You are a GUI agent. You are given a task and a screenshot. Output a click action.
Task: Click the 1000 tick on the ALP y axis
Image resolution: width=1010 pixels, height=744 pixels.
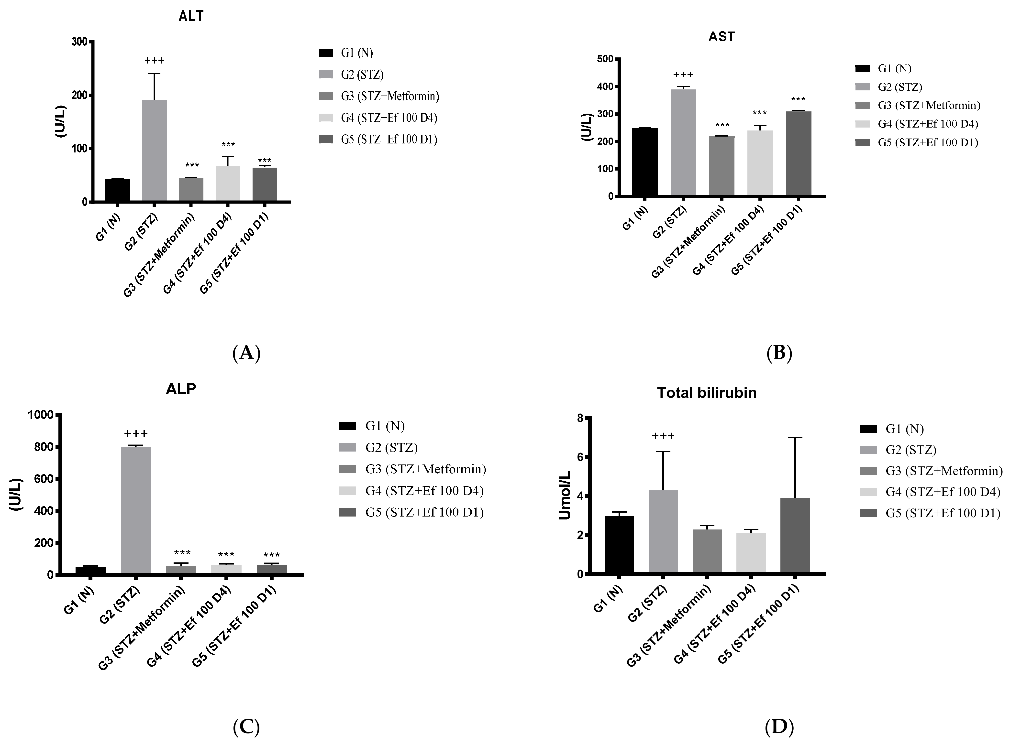tap(41, 415)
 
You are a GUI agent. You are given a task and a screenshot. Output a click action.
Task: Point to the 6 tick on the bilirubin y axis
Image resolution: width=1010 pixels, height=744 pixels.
tap(580, 457)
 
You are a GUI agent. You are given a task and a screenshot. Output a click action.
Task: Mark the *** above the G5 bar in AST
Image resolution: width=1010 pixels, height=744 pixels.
tap(798, 99)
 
